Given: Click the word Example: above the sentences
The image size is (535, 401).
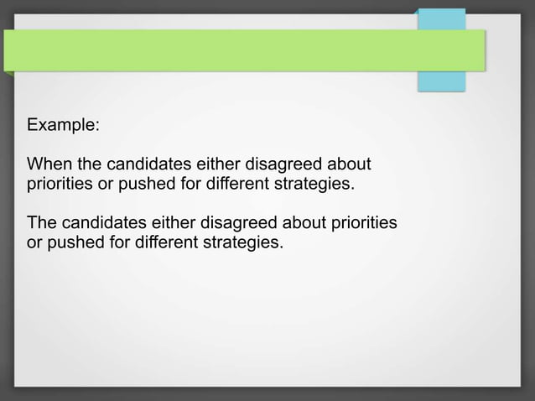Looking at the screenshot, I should [x=63, y=125].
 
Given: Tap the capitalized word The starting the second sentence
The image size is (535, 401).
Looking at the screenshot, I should [x=42, y=223].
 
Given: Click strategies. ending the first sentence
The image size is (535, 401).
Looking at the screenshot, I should [x=314, y=183].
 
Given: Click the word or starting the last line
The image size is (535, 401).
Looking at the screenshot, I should [x=35, y=243].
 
